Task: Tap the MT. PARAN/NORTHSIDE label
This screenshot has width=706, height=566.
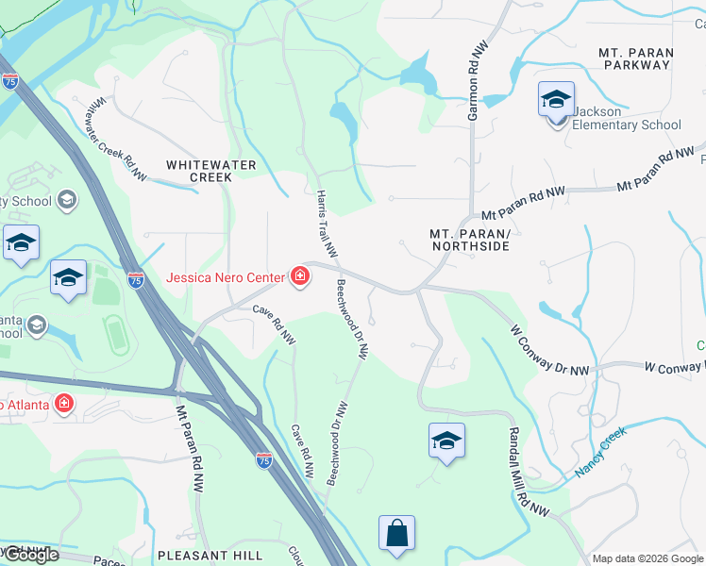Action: click(x=469, y=240)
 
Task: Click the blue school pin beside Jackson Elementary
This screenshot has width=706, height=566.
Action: click(x=556, y=99)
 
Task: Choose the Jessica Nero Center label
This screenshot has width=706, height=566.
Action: click(x=226, y=277)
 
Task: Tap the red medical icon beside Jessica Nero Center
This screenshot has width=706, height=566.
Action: click(x=299, y=276)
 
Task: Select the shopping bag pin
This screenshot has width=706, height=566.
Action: click(x=396, y=532)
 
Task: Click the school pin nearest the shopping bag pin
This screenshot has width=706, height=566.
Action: click(x=446, y=441)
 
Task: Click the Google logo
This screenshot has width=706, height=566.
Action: click(x=30, y=555)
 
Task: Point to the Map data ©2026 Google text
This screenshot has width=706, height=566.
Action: click(x=647, y=558)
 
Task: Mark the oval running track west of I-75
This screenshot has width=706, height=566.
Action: click(x=116, y=336)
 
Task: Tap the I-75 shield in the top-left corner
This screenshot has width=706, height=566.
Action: click(x=9, y=82)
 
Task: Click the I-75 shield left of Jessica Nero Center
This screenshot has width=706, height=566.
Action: click(x=136, y=279)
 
